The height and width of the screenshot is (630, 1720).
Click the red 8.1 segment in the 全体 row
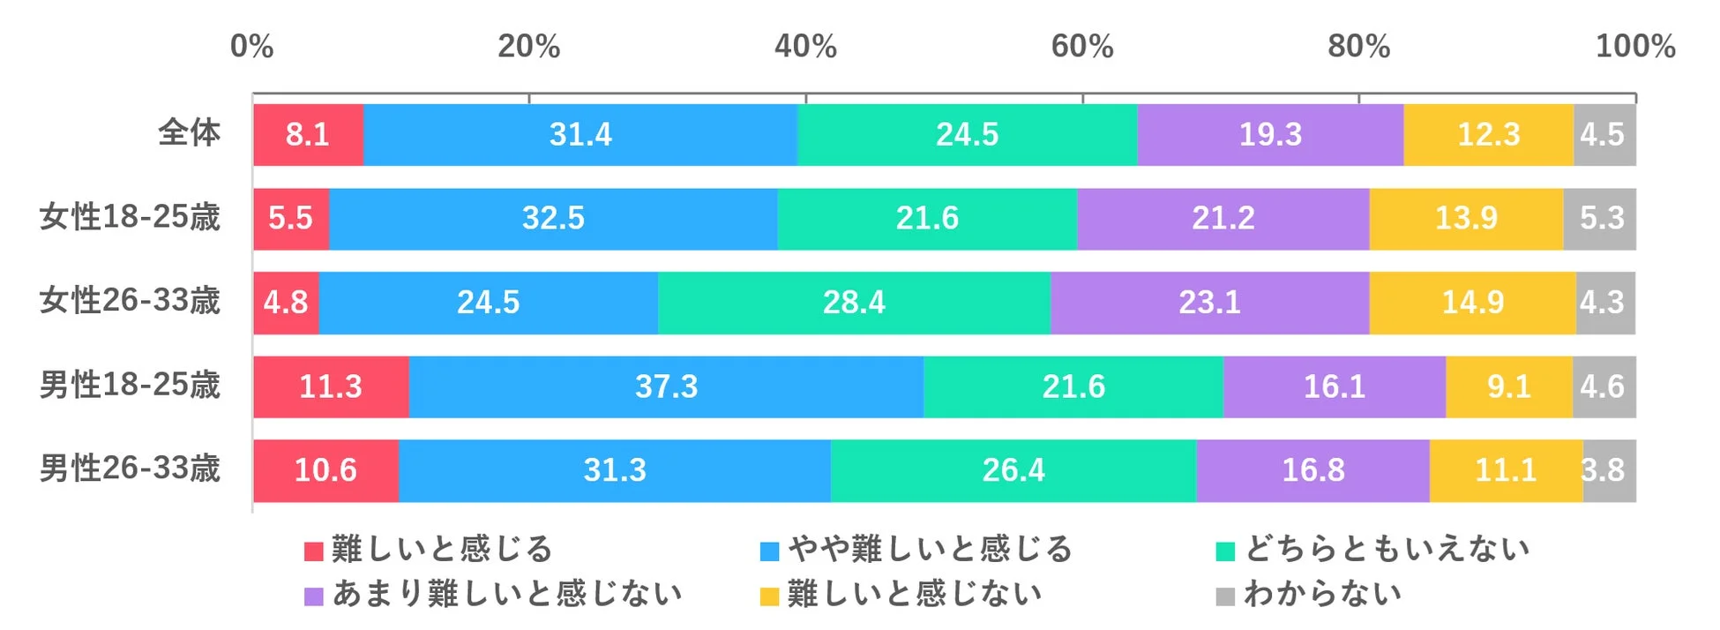point(308,135)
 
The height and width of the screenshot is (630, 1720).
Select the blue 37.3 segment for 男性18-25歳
point(666,386)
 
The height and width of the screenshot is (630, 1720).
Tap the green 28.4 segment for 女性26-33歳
point(854,303)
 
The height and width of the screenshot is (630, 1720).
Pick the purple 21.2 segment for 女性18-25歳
point(1223,219)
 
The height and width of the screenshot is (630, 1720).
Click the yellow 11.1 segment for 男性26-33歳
point(1506,470)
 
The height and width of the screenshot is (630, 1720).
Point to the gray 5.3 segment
point(1600,219)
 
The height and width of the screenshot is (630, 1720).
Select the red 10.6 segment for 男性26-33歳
point(325,470)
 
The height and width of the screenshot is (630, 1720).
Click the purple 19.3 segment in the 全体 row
point(1270,135)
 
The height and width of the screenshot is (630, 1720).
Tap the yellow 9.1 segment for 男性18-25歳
point(1508,386)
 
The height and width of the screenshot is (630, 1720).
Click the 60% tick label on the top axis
point(1082,46)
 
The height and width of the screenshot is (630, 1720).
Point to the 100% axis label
point(1634,46)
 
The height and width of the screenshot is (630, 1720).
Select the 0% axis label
point(251,46)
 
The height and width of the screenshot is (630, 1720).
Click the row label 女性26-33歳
point(130,301)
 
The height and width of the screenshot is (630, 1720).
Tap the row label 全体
point(189,133)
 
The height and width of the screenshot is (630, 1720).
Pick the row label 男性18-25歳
point(130,385)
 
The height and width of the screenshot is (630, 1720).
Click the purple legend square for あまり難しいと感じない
point(313,596)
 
